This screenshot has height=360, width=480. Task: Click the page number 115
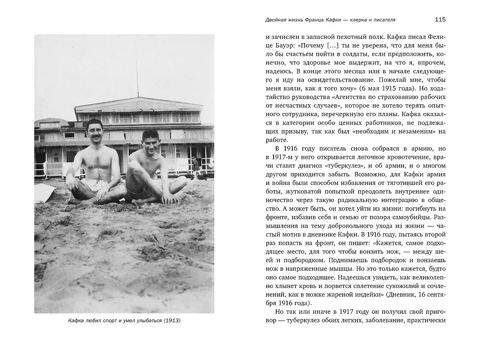[440, 20]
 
